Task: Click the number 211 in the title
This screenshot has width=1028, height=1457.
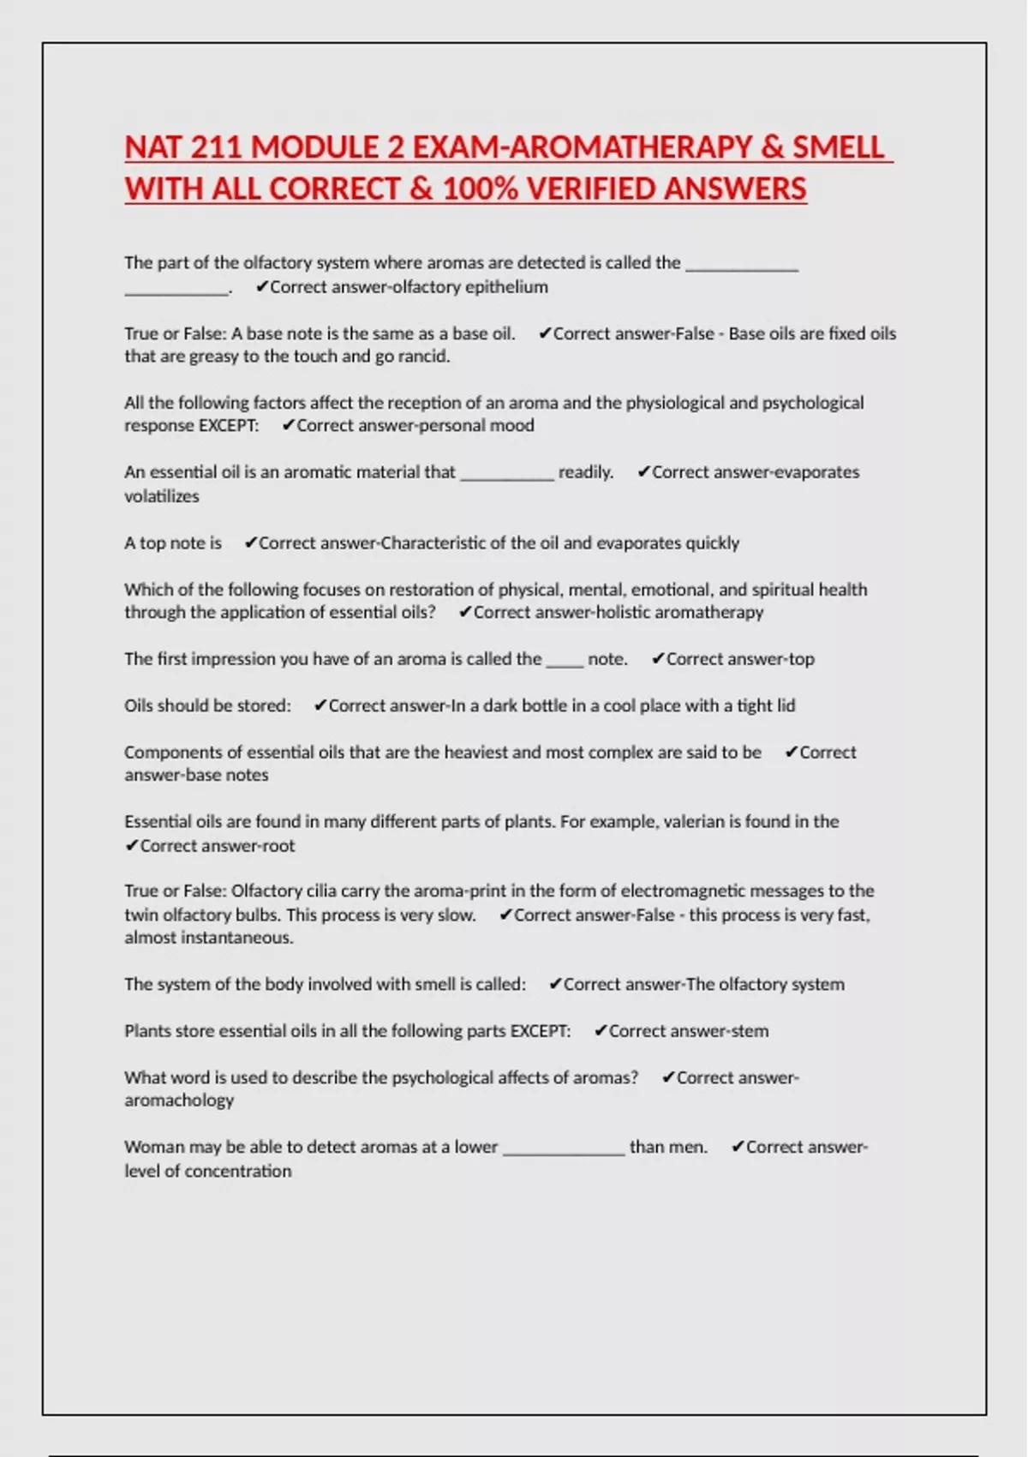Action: tap(216, 147)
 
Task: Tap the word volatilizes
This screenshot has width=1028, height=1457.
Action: tap(161, 496)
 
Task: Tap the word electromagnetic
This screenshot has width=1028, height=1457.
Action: tap(690, 890)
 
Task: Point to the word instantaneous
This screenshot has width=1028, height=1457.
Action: tap(234, 938)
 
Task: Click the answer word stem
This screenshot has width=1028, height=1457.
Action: tap(749, 1031)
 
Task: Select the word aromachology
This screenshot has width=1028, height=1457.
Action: tap(178, 1100)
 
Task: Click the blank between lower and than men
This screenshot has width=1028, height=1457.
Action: tap(564, 1148)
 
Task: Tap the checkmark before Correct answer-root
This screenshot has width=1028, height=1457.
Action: tap(131, 846)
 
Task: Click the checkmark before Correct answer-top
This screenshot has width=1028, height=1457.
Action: tap(658, 659)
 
